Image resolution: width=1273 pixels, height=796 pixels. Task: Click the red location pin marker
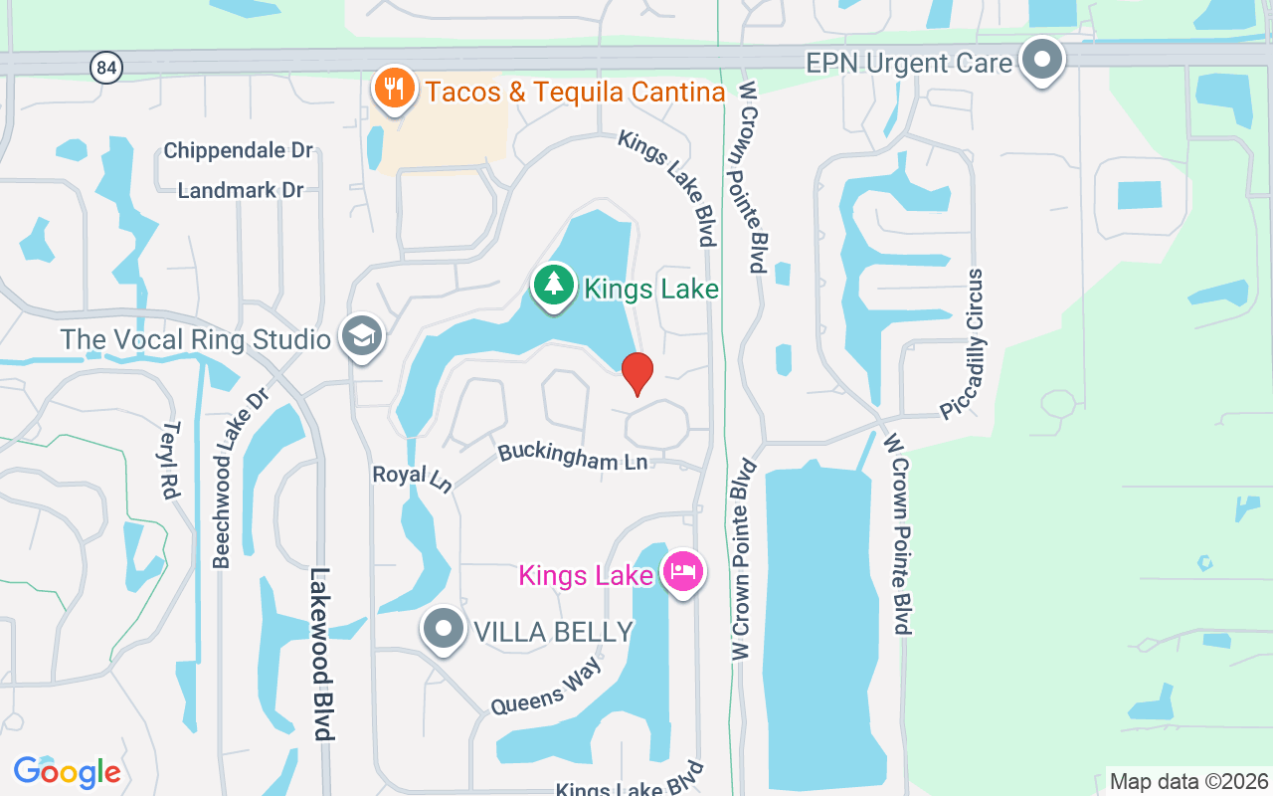636,373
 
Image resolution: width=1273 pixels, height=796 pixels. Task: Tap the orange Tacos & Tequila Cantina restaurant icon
395,90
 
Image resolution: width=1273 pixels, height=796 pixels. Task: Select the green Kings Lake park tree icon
553,286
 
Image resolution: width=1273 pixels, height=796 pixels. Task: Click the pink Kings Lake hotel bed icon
682,572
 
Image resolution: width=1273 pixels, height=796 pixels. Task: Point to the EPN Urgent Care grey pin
1041,60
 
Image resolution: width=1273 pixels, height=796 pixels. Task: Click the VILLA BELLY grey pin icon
443,629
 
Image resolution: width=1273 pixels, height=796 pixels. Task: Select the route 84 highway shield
105,68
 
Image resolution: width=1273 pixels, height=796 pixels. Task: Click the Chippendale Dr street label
238,151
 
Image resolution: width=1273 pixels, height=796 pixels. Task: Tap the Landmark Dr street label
240,190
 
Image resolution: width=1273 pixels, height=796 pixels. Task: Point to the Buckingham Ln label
573,457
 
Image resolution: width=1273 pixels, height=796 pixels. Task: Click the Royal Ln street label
413,478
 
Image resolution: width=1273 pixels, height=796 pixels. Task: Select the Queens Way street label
546,688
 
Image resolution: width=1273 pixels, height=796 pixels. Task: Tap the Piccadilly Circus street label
960,343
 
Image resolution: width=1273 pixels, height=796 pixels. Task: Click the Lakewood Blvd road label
320,654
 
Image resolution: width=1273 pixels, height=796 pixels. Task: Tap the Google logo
67,772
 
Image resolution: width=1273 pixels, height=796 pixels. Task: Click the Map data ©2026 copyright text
1188,781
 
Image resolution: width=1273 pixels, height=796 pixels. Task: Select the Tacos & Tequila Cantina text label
575,93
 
